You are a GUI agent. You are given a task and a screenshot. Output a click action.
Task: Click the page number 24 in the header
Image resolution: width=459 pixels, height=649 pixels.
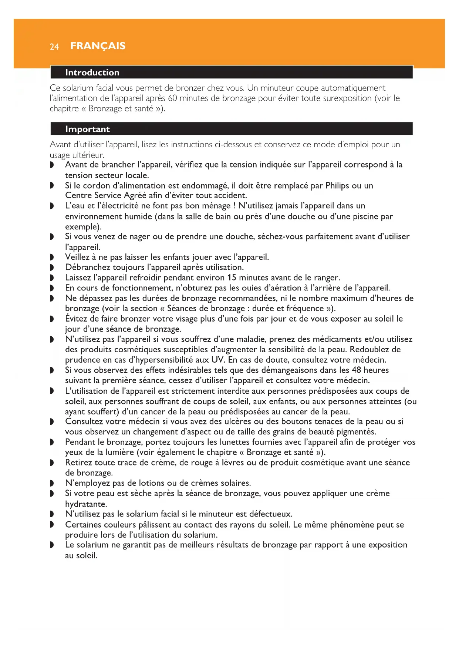coord(54,47)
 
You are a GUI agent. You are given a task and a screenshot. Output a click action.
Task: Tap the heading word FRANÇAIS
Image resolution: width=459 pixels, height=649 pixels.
coord(98,46)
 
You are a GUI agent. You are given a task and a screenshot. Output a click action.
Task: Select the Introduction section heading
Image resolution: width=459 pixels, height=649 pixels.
coord(92,73)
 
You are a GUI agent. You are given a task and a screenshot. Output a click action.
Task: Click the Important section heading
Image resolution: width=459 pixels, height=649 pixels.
coord(87,129)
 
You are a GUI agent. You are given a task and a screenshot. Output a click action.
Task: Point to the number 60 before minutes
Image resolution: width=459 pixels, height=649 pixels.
coord(172,98)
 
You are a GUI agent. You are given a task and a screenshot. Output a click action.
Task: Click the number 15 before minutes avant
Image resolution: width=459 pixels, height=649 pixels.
coord(232,278)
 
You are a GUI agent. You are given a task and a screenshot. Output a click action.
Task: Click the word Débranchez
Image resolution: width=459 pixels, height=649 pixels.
coord(88,267)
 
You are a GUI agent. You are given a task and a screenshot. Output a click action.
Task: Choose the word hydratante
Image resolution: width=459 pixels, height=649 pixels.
coord(86,504)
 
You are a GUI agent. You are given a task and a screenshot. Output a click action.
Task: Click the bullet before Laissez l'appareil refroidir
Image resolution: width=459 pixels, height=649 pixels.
coord(52,278)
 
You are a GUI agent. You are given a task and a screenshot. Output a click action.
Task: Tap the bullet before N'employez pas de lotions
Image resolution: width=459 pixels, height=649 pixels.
coord(52,483)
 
